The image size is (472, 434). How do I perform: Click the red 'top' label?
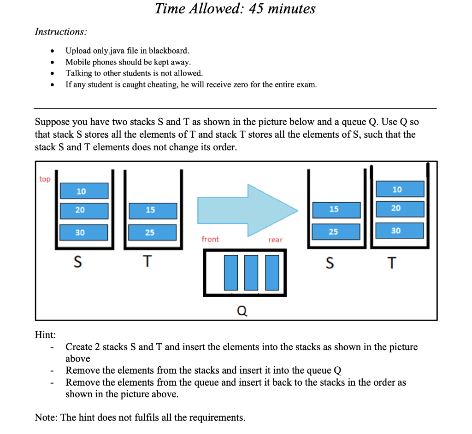[x=45, y=179]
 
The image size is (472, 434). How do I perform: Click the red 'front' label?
[x=210, y=239]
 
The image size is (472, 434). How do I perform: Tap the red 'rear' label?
[x=276, y=240]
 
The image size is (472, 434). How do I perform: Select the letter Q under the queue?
[x=242, y=311]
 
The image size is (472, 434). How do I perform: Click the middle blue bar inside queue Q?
[x=252, y=272]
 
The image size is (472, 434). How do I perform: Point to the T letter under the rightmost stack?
[x=391, y=263]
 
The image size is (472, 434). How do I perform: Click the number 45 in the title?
[x=257, y=8]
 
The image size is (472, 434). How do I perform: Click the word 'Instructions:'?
[x=60, y=31]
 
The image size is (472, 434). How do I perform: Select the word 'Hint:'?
[x=45, y=335]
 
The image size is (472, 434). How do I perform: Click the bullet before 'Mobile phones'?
[x=54, y=62]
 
